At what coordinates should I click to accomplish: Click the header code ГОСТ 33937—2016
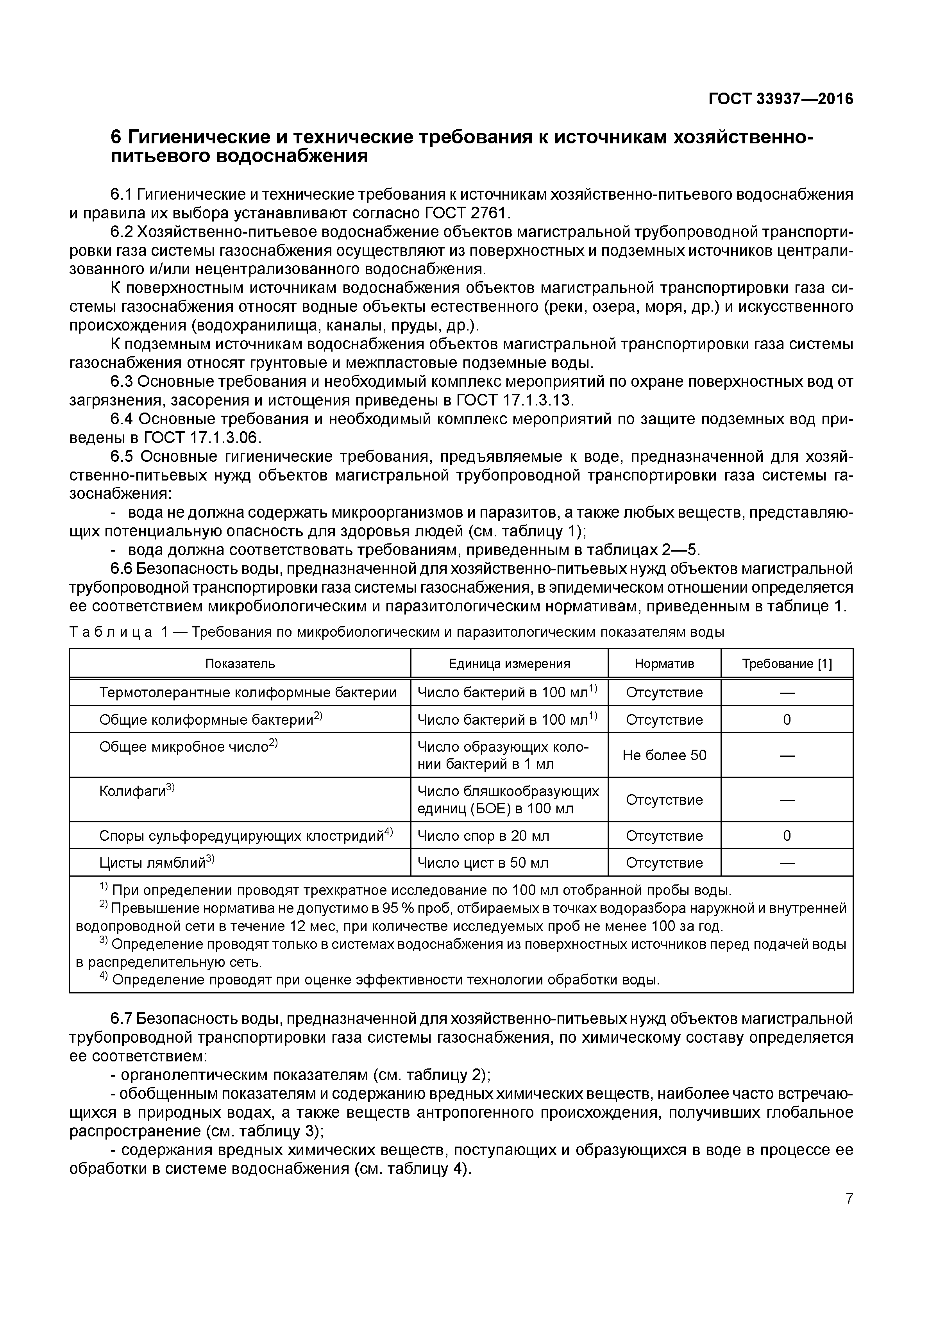780,99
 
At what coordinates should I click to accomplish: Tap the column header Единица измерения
509,663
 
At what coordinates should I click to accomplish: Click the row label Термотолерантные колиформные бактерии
248,692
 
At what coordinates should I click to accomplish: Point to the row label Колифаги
133,791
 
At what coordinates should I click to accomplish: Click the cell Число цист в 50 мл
483,863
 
